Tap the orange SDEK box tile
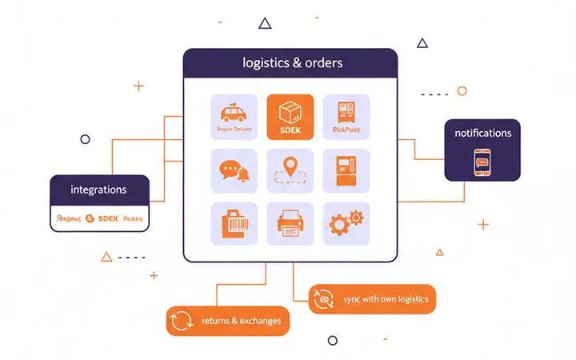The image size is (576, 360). pyautogui.click(x=290, y=117)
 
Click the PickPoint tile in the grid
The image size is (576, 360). pyautogui.click(x=346, y=117)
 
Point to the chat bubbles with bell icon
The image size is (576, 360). pyautogui.click(x=234, y=170)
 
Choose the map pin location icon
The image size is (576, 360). pyautogui.click(x=290, y=170)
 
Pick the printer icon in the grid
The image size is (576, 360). pyautogui.click(x=290, y=223)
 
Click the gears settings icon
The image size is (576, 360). pyautogui.click(x=346, y=223)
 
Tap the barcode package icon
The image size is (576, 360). pyautogui.click(x=234, y=223)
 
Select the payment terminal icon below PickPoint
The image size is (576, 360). pyautogui.click(x=346, y=170)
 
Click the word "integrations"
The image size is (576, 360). pyautogui.click(x=99, y=190)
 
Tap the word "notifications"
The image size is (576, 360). pyautogui.click(x=482, y=133)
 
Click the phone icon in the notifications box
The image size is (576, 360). pyautogui.click(x=482, y=162)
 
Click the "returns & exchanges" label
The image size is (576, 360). pyautogui.click(x=240, y=321)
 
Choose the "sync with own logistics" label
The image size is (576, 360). pyautogui.click(x=386, y=299)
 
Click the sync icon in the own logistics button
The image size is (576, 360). pyautogui.click(x=323, y=299)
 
